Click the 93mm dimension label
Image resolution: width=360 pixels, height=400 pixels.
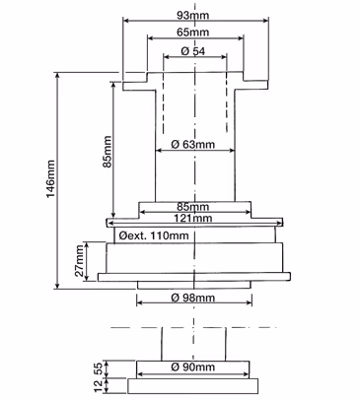tap(192, 15)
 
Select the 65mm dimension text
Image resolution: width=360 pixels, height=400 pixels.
tap(192, 33)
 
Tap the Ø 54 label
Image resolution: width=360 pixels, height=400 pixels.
tap(193, 51)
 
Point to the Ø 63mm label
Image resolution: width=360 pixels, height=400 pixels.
tap(193, 144)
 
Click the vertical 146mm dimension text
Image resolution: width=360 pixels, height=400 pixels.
tap(50, 179)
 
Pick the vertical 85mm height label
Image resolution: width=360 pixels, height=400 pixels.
tap(108, 152)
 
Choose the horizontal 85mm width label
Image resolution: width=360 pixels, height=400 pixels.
tap(193, 207)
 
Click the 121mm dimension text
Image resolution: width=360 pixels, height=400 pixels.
tap(193, 218)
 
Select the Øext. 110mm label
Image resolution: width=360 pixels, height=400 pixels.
tap(154, 235)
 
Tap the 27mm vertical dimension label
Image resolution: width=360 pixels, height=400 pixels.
tap(79, 262)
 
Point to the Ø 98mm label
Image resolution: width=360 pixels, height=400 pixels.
tap(193, 298)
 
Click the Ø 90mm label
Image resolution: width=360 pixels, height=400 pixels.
tap(193, 367)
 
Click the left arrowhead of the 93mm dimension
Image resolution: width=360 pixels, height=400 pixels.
tap(126, 21)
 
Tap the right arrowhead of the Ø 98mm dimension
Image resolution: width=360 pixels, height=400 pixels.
tap(249, 302)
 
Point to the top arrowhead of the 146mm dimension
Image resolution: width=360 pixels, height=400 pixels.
tap(58, 76)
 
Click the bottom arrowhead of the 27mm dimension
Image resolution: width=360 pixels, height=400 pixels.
tap(87, 278)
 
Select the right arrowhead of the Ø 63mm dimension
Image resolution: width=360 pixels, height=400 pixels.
tap(232, 151)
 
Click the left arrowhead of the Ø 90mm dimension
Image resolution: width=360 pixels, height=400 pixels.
tap(140, 374)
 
